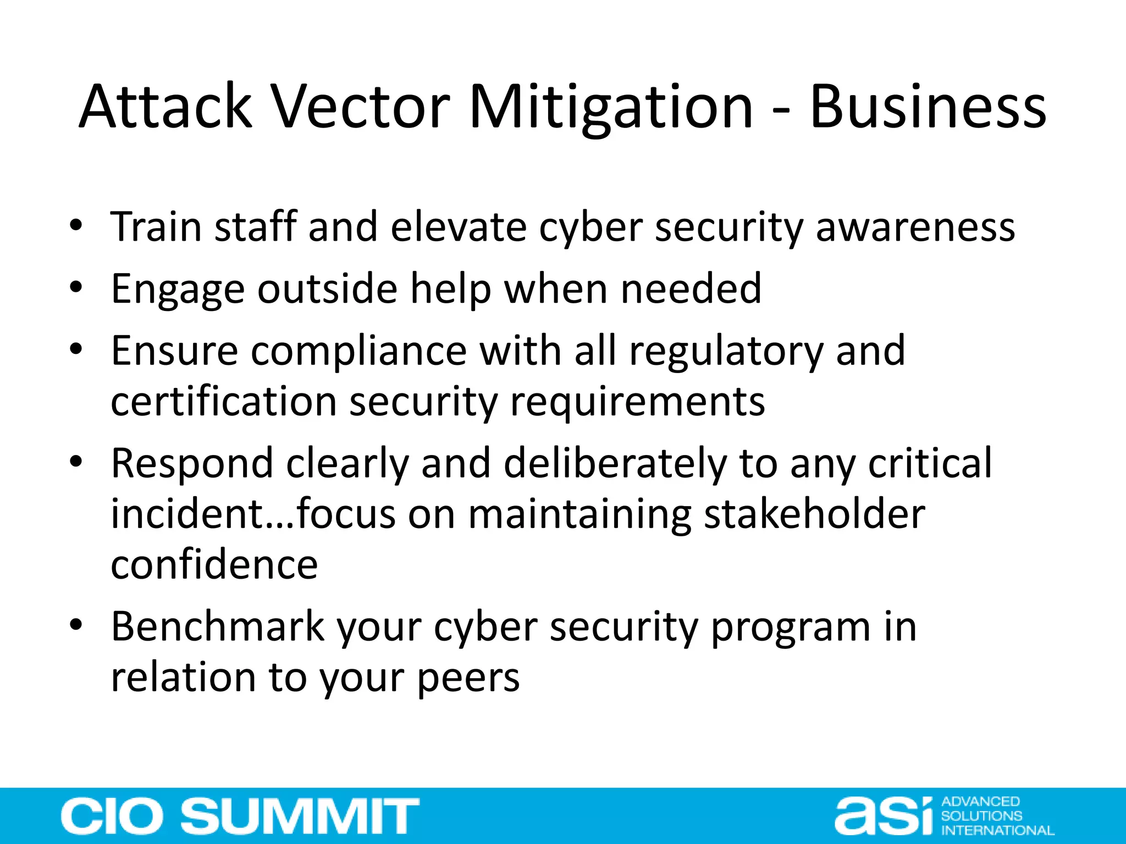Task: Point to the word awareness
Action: [915, 227]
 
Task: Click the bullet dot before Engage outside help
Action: [76, 287]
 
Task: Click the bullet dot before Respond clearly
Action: [76, 462]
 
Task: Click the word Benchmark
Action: [218, 626]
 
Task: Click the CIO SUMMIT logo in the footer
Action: [240, 816]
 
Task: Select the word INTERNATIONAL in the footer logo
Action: [997, 830]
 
